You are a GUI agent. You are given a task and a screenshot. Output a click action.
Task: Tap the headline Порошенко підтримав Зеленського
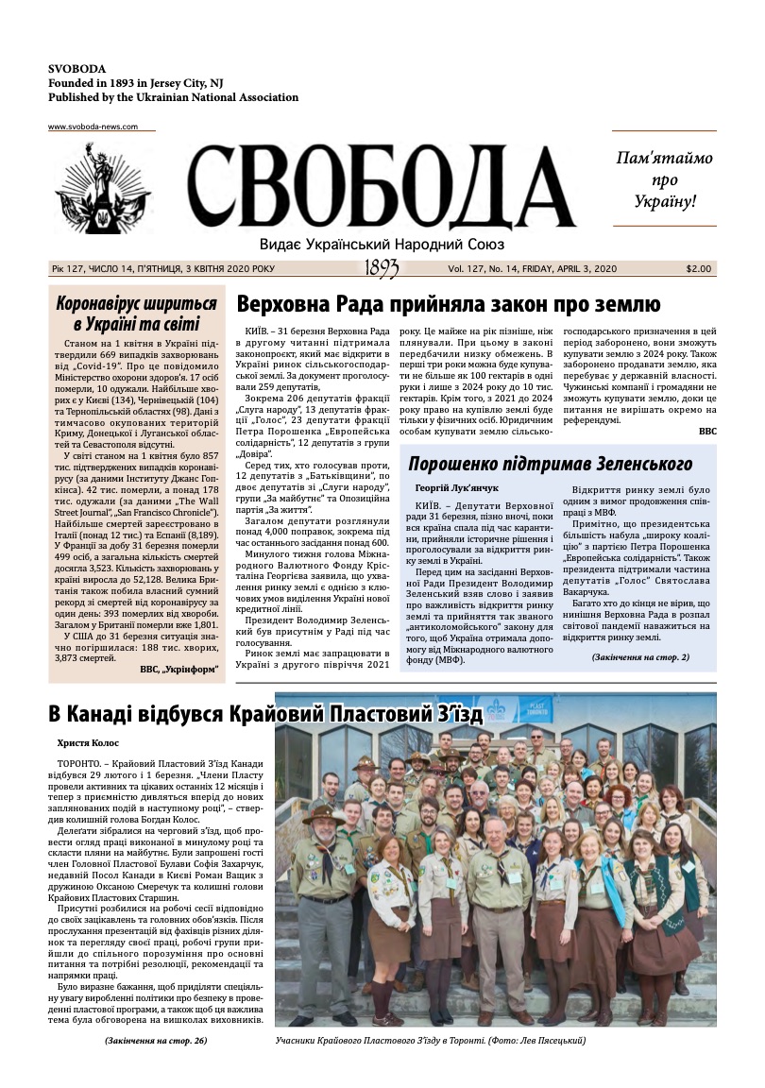point(551,464)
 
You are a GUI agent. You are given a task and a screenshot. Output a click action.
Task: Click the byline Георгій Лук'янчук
point(456,488)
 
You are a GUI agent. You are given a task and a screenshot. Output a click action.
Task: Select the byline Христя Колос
point(87,744)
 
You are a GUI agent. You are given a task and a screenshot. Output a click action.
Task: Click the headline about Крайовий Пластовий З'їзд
point(265,714)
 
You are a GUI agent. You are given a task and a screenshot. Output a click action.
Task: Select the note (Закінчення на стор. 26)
point(155,1040)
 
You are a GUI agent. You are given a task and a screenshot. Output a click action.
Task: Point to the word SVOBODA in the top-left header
point(76,69)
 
